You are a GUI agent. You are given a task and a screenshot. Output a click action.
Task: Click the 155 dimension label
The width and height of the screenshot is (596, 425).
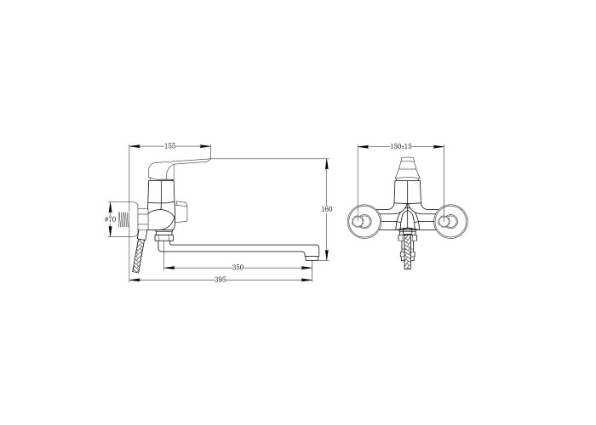(x=170, y=145)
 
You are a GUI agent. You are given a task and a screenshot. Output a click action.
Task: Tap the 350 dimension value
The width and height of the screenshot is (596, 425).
(x=238, y=268)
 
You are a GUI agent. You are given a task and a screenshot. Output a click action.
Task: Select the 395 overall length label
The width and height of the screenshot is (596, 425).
(x=221, y=280)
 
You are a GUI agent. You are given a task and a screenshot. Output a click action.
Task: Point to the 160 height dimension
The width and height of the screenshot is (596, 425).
(x=327, y=209)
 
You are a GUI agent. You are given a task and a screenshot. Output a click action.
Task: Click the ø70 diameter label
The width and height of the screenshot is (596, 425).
(x=110, y=219)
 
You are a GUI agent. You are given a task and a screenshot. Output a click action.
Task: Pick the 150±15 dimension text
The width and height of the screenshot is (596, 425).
(x=401, y=146)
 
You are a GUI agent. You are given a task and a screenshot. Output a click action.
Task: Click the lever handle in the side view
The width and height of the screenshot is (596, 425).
(x=179, y=167)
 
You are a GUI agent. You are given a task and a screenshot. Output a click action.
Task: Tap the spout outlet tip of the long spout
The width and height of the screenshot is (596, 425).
(x=312, y=258)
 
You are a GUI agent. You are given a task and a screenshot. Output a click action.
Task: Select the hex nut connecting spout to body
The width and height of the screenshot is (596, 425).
(x=164, y=238)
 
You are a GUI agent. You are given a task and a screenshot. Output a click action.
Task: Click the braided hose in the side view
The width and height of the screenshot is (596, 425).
(x=138, y=254)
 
